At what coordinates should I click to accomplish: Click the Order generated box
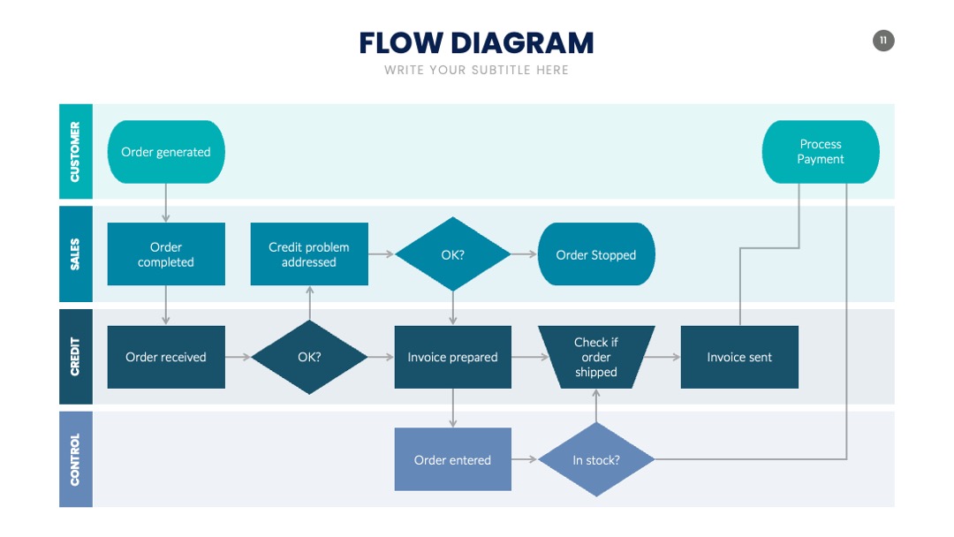(166, 152)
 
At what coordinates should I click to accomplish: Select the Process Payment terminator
(820, 152)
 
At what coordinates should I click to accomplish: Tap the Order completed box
(166, 254)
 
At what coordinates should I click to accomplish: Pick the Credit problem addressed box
(309, 254)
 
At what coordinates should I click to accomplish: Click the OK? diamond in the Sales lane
(452, 254)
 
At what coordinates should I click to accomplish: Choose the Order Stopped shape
(596, 254)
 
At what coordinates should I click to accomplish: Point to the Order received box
(166, 357)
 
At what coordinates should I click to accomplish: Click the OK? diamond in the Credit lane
(309, 357)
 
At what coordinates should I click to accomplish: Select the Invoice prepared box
(452, 357)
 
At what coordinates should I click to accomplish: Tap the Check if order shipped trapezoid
(596, 357)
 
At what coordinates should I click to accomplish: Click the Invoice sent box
(739, 357)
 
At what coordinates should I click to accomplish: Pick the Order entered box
(452, 460)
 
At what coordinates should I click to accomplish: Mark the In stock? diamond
(596, 460)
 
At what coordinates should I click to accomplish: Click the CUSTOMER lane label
(75, 151)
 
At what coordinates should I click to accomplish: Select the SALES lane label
(75, 254)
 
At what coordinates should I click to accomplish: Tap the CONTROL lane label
(75, 459)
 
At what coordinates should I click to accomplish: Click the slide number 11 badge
(883, 41)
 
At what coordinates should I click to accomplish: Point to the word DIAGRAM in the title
(522, 43)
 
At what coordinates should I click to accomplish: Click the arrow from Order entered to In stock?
(525, 459)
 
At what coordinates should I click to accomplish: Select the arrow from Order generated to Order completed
(165, 203)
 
